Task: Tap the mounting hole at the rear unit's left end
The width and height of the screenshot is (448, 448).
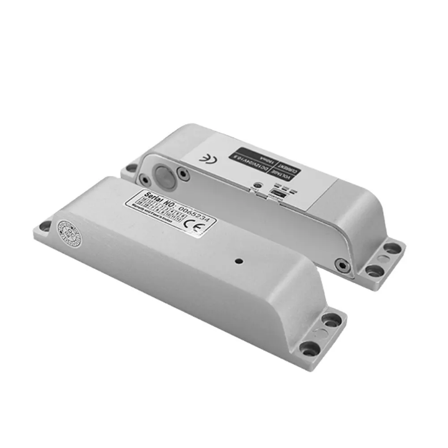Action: [131, 167]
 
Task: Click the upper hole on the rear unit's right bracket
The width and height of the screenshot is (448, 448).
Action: [391, 248]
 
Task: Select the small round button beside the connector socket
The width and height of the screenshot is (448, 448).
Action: [256, 185]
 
